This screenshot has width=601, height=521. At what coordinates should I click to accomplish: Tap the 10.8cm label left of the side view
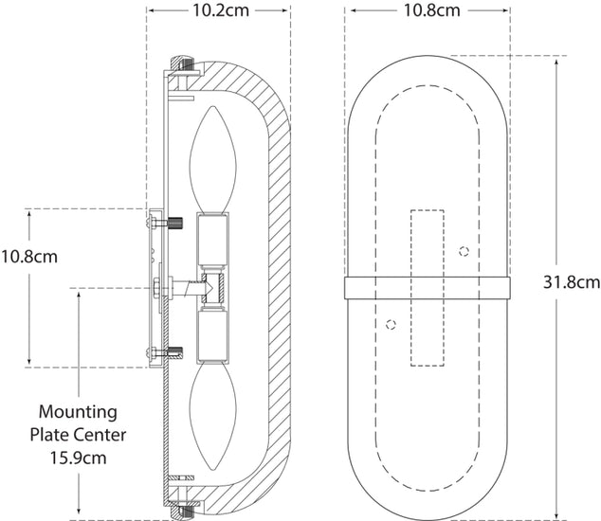pyautogui.click(x=29, y=256)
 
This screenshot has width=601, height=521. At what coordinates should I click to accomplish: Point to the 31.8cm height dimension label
pyautogui.click(x=572, y=281)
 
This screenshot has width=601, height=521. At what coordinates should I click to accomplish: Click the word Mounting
pyautogui.click(x=78, y=413)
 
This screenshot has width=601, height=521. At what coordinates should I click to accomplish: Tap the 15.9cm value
pyautogui.click(x=78, y=457)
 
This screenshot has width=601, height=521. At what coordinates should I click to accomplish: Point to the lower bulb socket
pyautogui.click(x=210, y=337)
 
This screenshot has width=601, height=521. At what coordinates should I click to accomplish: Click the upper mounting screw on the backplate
pyautogui.click(x=173, y=225)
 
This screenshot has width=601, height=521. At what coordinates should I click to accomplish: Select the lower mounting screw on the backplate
pyautogui.click(x=173, y=355)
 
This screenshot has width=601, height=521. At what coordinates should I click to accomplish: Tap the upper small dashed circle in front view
pyautogui.click(x=464, y=251)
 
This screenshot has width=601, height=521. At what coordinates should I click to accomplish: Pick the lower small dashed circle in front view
pyautogui.click(x=390, y=324)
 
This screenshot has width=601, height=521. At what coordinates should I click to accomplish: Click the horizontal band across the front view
pyautogui.click(x=427, y=288)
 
